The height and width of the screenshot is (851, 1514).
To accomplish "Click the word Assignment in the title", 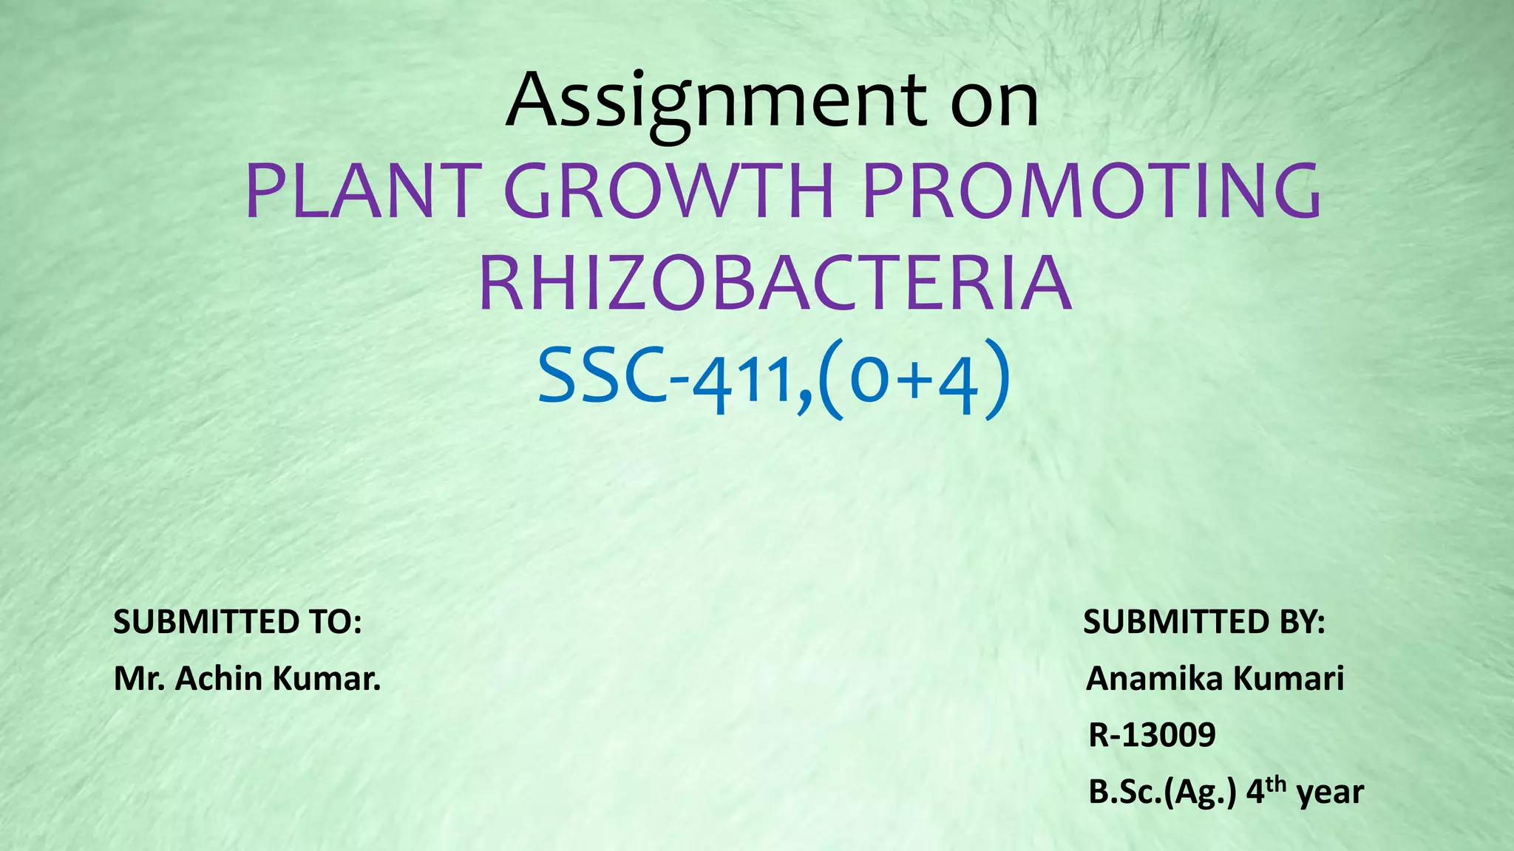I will [716, 102].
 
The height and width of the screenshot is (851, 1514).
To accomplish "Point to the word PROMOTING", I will [1092, 191].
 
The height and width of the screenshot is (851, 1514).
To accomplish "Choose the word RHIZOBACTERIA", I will [775, 284].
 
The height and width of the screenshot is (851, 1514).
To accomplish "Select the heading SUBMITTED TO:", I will [237, 622].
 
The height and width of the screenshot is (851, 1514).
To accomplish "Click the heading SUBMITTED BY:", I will [1204, 622].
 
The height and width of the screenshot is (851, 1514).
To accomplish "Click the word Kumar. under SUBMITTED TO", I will [327, 678].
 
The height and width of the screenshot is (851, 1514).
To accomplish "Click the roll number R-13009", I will [1152, 735].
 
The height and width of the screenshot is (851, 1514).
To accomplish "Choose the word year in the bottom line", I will [1331, 793].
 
